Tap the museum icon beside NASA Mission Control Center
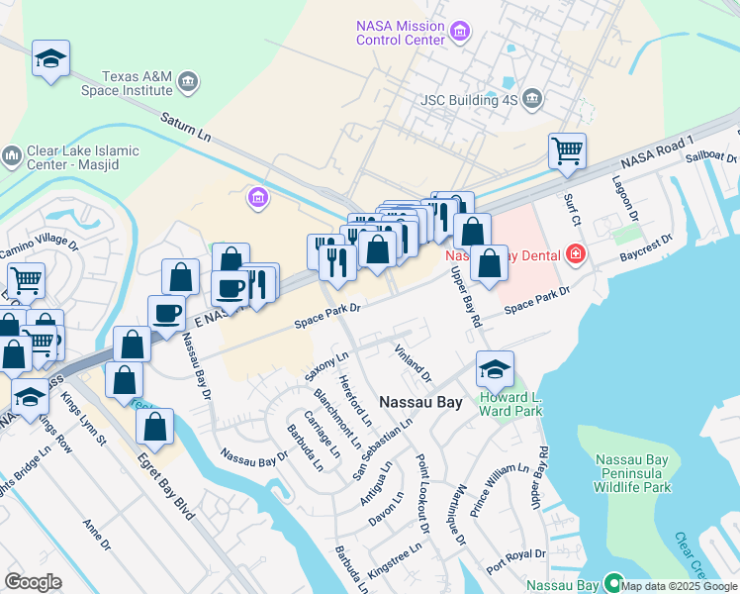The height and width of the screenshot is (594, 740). pos(459,33)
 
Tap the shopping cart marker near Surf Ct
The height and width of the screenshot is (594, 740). pos(567,152)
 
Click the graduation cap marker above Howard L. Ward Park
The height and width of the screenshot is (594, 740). pos(495,370)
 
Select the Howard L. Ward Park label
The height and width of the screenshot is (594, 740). pos(510,404)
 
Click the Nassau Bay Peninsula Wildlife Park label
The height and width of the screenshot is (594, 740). pos(633,473)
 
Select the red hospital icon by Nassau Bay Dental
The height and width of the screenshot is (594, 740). pos(576,255)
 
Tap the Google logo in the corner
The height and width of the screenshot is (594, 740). pos(33,582)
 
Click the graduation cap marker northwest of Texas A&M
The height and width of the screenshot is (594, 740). pos(50,59)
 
